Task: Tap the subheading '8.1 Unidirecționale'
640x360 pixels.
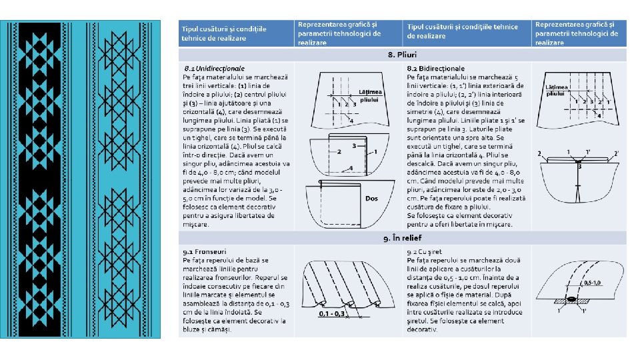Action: click(214, 69)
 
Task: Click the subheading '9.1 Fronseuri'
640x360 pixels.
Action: click(204, 251)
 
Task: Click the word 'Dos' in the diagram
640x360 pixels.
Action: click(371, 198)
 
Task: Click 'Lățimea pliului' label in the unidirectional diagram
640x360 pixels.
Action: click(371, 95)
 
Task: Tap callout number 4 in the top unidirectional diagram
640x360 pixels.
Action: click(351, 121)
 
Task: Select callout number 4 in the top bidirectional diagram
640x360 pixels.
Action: click(598, 115)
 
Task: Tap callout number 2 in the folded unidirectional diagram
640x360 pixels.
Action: click(339, 152)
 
